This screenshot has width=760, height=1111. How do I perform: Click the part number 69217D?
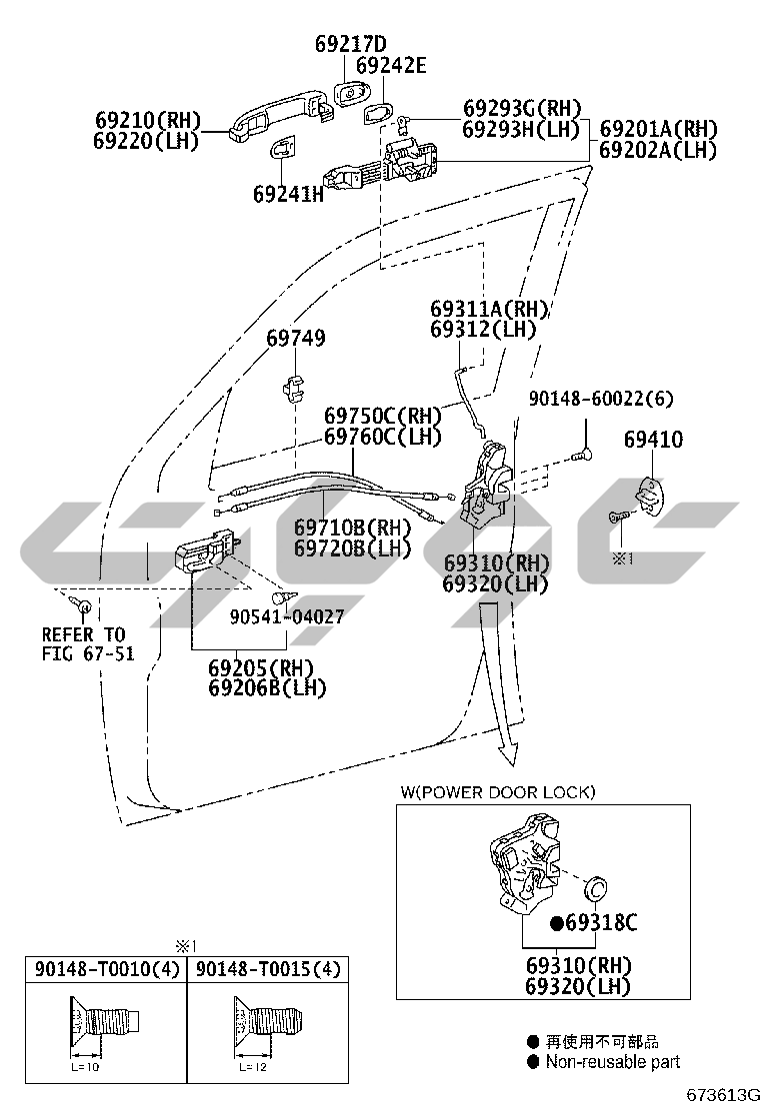pyautogui.click(x=350, y=44)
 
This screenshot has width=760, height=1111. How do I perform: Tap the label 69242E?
pyautogui.click(x=391, y=66)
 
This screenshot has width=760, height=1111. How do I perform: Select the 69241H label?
pyautogui.click(x=289, y=194)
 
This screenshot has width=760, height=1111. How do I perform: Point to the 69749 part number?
pyautogui.click(x=296, y=338)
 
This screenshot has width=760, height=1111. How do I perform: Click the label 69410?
pyautogui.click(x=654, y=440)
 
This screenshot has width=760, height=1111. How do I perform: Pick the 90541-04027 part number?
pyautogui.click(x=287, y=616)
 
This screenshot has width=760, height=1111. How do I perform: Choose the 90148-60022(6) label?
pyautogui.click(x=601, y=399)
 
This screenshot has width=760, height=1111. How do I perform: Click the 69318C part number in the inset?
pyautogui.click(x=601, y=922)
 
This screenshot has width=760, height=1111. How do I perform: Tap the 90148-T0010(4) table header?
pyautogui.click(x=107, y=968)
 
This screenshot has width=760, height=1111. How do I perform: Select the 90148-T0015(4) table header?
pyautogui.click(x=268, y=968)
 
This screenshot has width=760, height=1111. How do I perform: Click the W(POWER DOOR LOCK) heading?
pyautogui.click(x=498, y=792)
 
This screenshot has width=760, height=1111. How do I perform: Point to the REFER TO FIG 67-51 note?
pyautogui.click(x=88, y=644)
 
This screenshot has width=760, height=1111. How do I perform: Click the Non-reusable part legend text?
pyautogui.click(x=613, y=1061)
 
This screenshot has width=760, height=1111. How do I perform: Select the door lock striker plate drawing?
pyautogui.click(x=652, y=494)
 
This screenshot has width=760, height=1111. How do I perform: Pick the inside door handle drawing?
pyautogui.click(x=208, y=550)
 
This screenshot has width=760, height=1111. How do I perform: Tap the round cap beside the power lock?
pyautogui.click(x=595, y=887)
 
